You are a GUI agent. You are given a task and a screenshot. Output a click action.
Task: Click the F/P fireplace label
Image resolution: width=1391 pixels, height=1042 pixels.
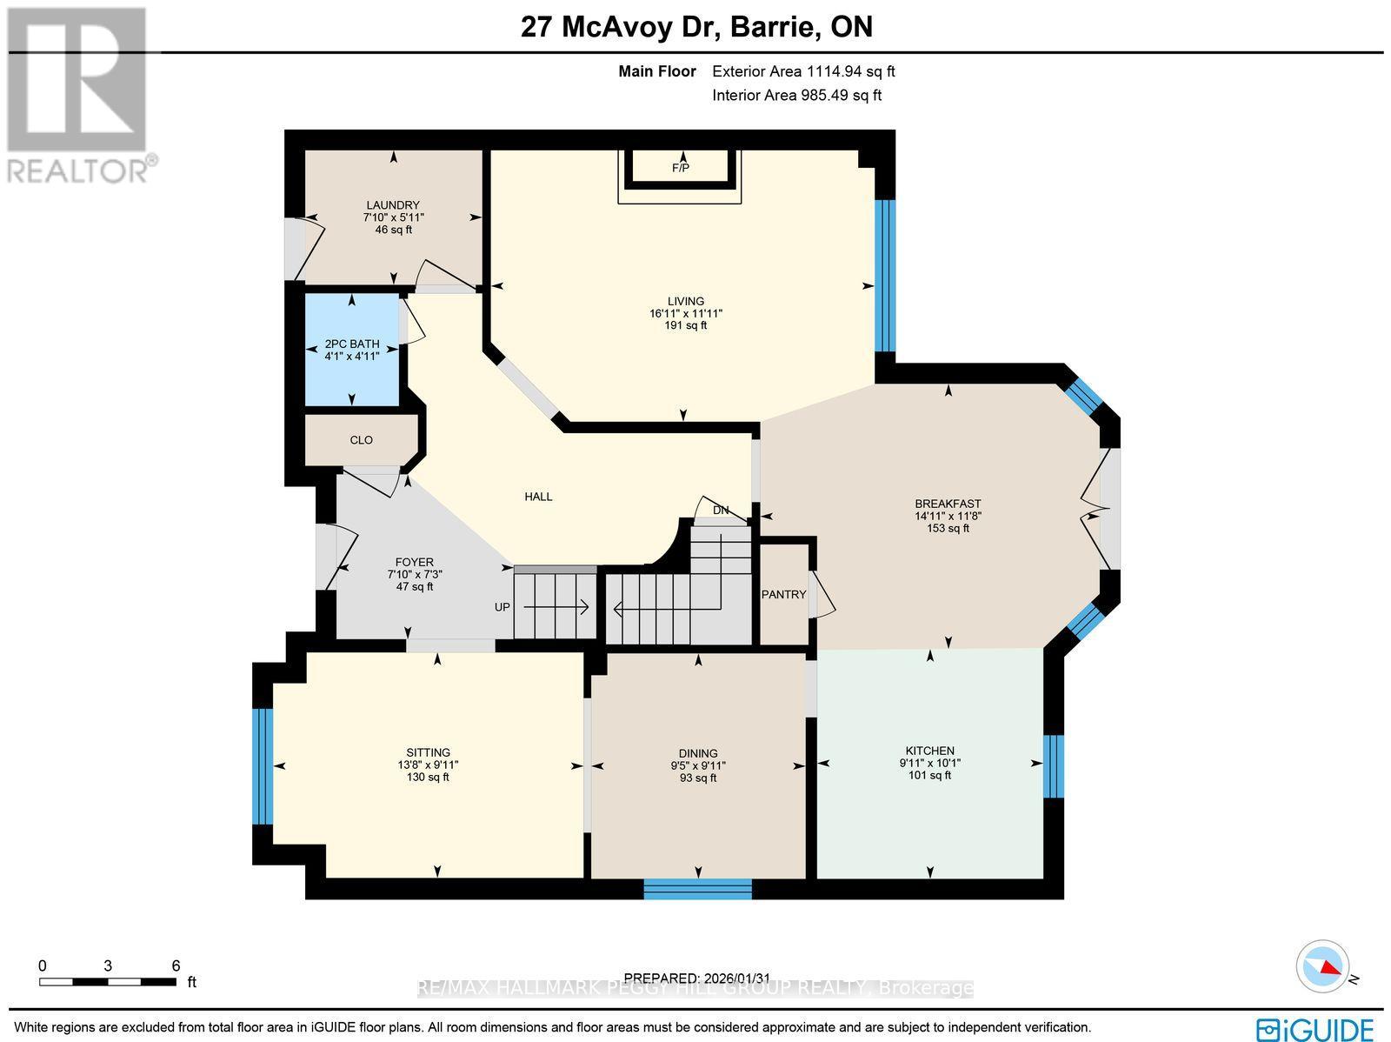click(x=680, y=168)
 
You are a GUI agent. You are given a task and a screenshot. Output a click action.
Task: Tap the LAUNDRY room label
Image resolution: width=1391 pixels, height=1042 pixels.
click(x=393, y=206)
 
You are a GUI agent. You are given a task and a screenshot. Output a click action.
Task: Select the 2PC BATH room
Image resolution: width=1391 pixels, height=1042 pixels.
click(x=351, y=350)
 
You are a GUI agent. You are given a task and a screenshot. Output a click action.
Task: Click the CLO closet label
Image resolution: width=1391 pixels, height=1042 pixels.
click(x=361, y=440)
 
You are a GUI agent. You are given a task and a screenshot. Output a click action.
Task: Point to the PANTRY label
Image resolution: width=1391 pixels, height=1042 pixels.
click(x=783, y=595)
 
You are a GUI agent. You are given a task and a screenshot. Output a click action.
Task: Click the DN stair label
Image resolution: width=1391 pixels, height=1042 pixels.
click(x=720, y=511)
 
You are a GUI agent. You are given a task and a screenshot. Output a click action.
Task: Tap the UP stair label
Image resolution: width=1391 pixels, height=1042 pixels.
click(x=502, y=607)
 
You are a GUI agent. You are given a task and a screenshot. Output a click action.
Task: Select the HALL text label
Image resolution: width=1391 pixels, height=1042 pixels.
click(x=538, y=497)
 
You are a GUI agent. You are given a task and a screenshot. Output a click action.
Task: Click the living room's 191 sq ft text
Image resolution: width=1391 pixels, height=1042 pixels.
click(x=686, y=325)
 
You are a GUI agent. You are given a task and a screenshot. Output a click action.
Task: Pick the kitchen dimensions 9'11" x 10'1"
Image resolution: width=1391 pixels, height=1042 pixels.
click(x=929, y=763)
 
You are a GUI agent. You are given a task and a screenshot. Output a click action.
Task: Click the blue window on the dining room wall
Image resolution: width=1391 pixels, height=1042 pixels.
click(x=697, y=888)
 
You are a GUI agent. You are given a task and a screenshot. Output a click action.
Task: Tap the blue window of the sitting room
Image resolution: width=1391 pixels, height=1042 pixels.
click(x=263, y=765)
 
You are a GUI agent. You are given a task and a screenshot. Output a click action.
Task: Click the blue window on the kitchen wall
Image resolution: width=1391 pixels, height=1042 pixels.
click(x=1053, y=766)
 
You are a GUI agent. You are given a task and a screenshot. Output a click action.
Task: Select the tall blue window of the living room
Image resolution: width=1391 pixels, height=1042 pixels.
click(x=884, y=276)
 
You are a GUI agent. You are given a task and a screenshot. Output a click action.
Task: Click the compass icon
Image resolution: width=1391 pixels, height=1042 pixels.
click(x=1324, y=966)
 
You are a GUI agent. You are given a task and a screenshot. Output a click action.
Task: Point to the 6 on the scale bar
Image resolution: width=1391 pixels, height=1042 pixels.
click(x=176, y=965)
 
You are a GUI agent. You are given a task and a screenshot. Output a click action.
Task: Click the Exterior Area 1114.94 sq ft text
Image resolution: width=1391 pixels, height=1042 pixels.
click(x=803, y=72)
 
